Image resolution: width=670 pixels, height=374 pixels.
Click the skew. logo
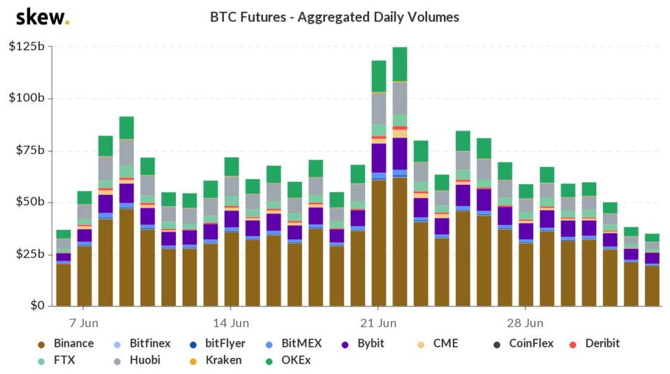click(42, 17)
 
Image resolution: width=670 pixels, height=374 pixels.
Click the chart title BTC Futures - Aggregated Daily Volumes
click(334, 17)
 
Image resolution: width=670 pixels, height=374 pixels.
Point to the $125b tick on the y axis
click(27, 47)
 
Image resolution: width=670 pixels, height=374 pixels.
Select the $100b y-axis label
click(27, 98)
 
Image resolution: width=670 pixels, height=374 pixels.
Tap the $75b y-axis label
click(29, 151)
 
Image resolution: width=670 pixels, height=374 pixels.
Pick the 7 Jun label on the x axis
click(82, 323)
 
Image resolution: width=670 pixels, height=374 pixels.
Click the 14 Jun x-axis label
click(230, 323)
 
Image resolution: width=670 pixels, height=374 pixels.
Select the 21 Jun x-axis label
click(378, 323)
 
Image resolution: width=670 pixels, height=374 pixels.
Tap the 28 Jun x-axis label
click(525, 323)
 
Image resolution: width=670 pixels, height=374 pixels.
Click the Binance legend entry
click(67, 343)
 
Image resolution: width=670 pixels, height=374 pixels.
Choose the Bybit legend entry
click(363, 343)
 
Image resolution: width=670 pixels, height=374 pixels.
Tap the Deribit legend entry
click(595, 343)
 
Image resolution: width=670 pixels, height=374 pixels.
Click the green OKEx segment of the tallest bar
click(400, 64)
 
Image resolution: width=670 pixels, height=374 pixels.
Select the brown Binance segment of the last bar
click(652, 285)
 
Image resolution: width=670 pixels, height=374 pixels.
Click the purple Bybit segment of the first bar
click(64, 257)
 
